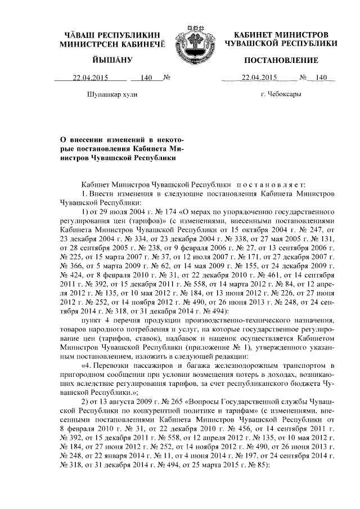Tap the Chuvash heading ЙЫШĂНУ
111,60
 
